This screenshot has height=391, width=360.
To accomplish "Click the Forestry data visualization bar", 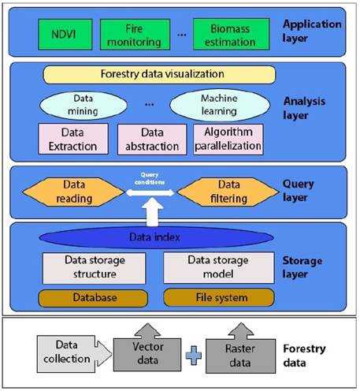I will (158, 75).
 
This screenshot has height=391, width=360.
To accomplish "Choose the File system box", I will (219, 298).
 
